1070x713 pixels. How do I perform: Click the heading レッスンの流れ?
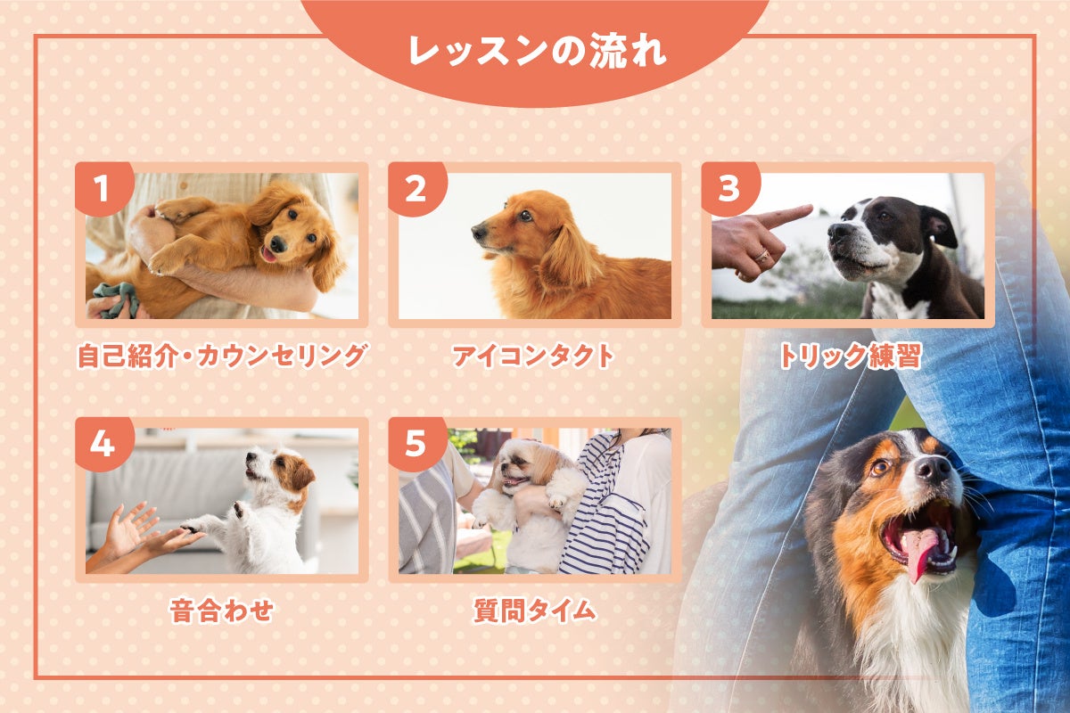coord(537,51)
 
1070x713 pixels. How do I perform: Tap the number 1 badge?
coord(103,188)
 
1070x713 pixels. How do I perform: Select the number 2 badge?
coord(416,188)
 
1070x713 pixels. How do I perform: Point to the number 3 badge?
coord(729,188)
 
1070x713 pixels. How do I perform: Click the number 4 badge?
coord(103,444)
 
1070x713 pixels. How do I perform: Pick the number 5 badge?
coord(416,444)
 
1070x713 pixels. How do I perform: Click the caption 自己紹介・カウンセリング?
coord(222,356)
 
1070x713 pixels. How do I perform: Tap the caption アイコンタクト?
coord(533,356)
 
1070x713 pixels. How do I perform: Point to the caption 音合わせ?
coord(222,611)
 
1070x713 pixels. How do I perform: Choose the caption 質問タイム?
coord(534,611)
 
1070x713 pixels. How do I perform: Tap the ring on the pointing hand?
coord(763,257)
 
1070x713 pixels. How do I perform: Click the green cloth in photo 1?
coord(117,299)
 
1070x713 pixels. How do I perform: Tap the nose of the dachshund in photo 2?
coord(479,232)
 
